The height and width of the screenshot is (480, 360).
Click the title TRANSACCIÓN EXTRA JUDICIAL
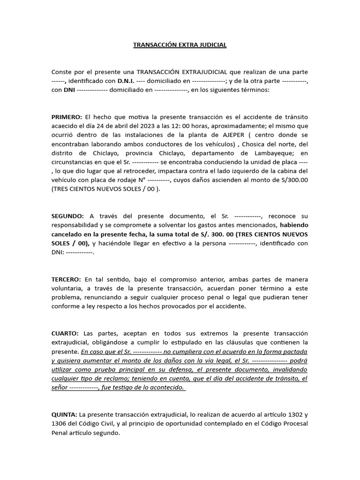pos(180,45)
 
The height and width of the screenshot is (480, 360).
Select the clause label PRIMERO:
pos(67,117)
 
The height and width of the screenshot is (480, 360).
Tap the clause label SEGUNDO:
pos(67,216)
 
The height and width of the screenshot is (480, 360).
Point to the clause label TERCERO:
pos(66,279)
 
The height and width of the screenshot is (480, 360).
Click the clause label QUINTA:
pos(64,414)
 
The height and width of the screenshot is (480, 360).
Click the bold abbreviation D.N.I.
pos(126,81)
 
